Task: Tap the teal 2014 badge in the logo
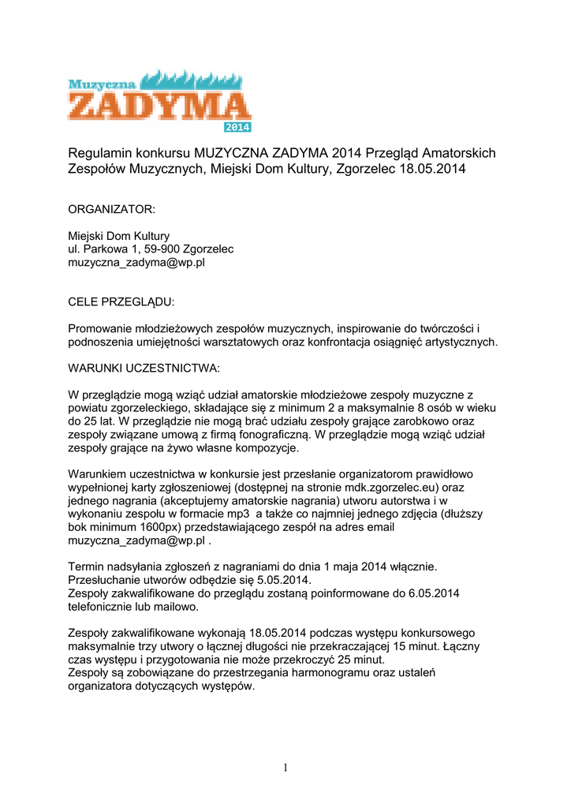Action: tap(237, 126)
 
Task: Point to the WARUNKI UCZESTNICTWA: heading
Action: tap(144, 368)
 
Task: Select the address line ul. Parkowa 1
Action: tap(150, 249)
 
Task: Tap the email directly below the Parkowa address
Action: tap(136, 263)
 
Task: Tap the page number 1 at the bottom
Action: tap(285, 768)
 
